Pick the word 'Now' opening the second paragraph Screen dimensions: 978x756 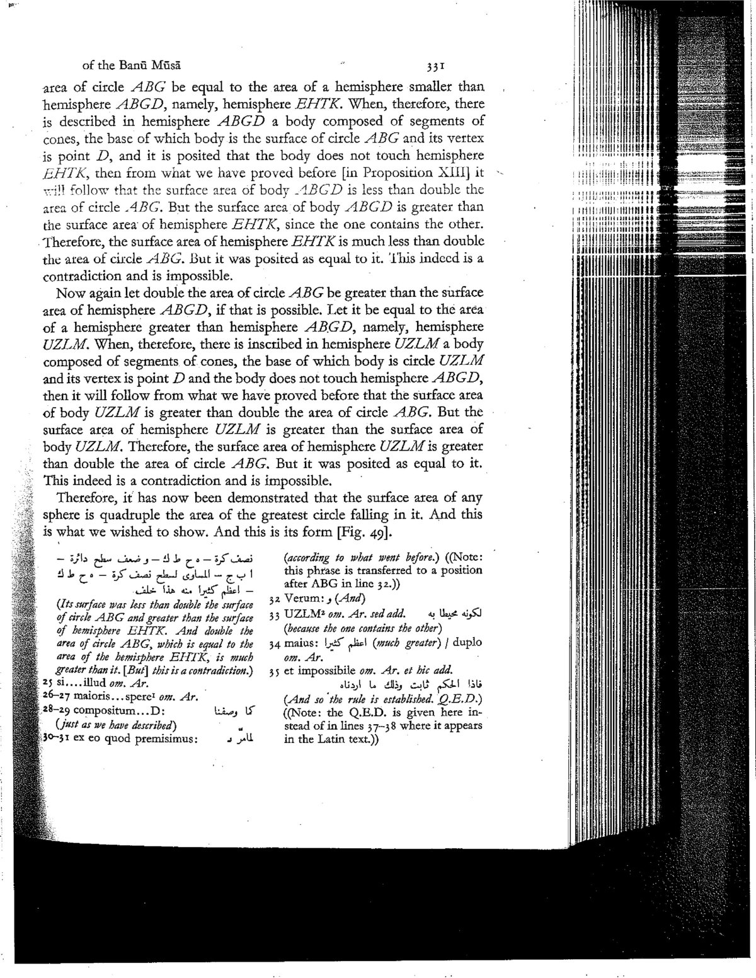(69, 293)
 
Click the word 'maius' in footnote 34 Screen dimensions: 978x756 (302, 643)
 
